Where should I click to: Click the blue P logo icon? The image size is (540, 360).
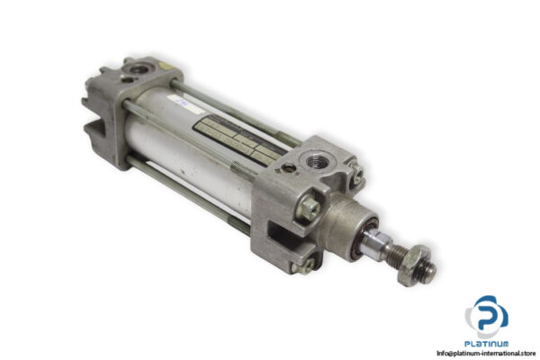click(487, 314)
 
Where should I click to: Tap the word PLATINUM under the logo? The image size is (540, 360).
click(487, 343)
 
